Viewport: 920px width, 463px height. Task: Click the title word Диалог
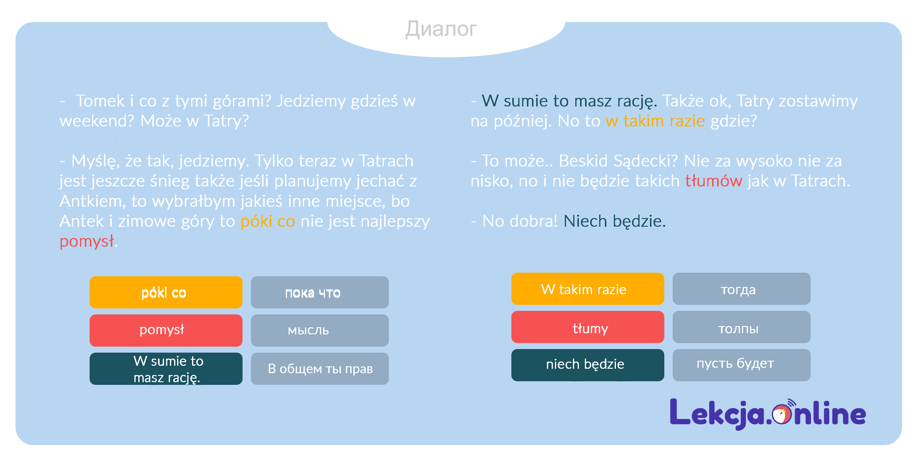point(441,29)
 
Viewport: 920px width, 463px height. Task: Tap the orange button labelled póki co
point(166,292)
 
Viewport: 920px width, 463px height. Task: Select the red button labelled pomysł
point(166,330)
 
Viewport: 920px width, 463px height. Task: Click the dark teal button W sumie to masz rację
point(166,368)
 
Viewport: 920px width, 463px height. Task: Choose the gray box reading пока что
point(320,292)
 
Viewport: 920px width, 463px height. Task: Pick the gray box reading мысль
point(320,330)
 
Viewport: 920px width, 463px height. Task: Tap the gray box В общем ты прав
point(320,368)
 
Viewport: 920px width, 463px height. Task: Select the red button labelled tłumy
point(588,327)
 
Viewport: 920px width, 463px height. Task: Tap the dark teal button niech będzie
point(588,365)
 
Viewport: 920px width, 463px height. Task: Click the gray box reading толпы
point(741,327)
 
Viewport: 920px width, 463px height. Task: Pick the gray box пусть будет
point(741,365)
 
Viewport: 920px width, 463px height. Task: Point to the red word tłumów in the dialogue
point(714,181)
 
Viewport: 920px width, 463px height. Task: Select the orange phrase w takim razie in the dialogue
point(655,121)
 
